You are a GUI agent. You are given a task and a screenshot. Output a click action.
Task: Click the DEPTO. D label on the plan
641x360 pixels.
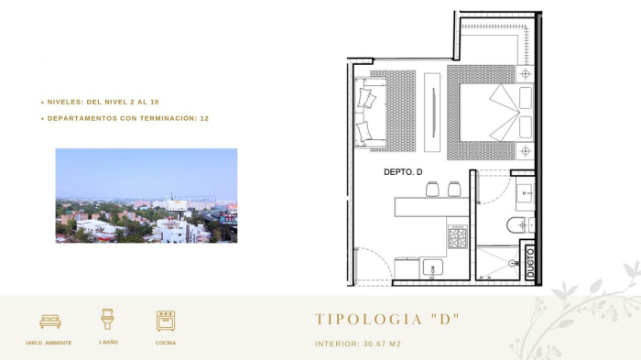[x=402, y=172]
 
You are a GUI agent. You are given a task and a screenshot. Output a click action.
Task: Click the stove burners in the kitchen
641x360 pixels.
[x=457, y=238]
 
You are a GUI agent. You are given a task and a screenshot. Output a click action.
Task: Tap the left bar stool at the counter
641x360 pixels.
[x=433, y=189]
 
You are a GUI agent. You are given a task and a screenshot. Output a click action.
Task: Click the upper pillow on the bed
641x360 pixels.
[x=526, y=97]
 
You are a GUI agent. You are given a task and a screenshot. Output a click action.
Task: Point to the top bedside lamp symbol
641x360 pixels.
[x=527, y=72]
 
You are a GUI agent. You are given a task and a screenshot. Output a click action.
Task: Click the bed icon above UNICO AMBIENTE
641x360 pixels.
[x=50, y=321]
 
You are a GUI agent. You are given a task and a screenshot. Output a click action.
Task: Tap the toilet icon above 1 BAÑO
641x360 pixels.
[x=107, y=319]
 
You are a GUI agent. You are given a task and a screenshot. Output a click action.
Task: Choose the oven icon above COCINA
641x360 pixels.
[x=166, y=320]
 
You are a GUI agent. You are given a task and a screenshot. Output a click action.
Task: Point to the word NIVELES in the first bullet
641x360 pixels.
[x=67, y=102]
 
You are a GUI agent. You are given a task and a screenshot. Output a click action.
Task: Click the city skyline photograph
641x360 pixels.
[x=146, y=195]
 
